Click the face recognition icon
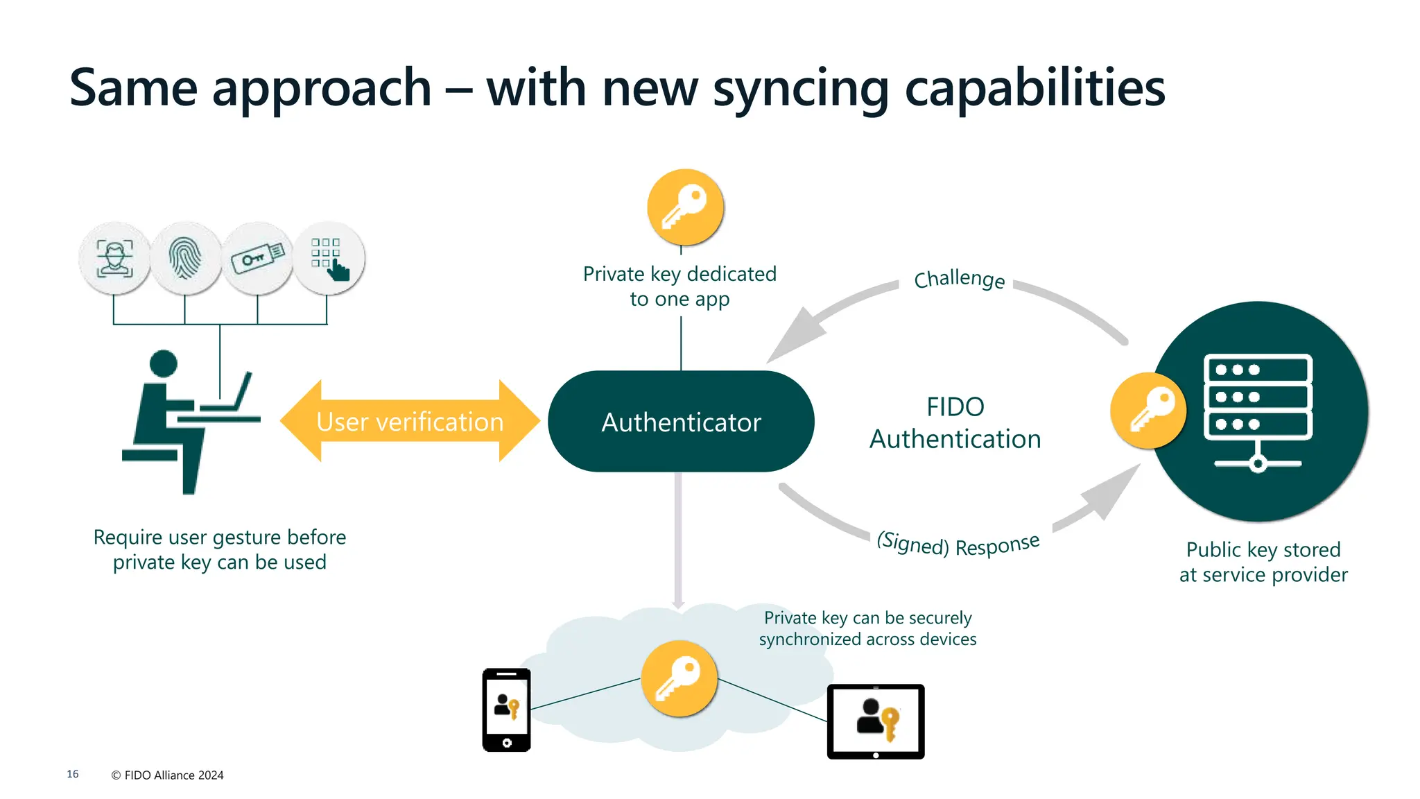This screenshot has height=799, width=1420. coord(114,258)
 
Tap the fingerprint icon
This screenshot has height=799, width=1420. coord(185,258)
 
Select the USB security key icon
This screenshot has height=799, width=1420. coord(257,258)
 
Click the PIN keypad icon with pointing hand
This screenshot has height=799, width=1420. coord(329,258)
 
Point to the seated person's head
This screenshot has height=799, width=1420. coord(164,363)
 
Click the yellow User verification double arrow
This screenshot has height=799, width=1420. coord(410,421)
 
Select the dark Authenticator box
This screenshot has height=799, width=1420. coord(681,422)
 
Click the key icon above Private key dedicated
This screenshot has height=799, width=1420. coord(685,207)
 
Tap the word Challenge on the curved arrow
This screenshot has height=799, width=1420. coord(959,279)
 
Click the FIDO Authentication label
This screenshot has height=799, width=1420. coord(955,422)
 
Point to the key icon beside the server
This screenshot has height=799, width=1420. coord(1148,411)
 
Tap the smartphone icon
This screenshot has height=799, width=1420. coord(507,710)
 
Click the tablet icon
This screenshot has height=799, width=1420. coord(876,721)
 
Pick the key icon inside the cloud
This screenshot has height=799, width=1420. coord(679,678)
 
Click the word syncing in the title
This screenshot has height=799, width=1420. coord(801,89)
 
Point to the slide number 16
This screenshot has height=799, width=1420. coord(73,774)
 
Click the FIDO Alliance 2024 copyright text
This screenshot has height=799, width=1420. coord(167,775)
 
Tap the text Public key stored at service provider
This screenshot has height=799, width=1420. coord(1263,562)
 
